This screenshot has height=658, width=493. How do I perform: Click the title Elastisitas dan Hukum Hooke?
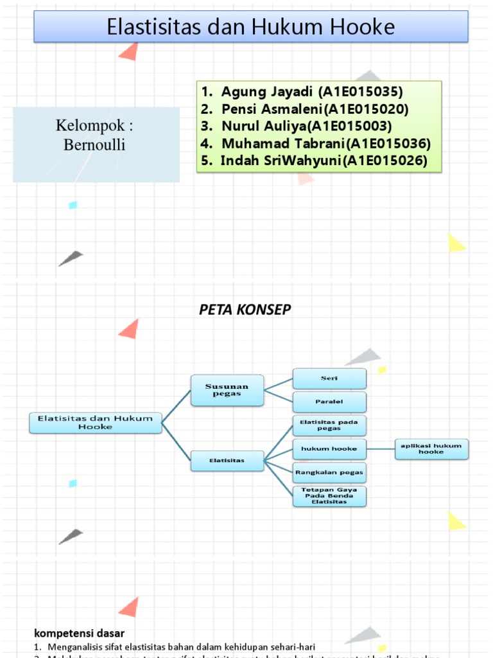250,28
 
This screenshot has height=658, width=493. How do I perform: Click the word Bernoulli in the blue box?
94,145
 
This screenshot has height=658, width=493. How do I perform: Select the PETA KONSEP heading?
245,310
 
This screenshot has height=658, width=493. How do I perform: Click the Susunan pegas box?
227,390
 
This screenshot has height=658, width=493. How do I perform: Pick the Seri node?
329,378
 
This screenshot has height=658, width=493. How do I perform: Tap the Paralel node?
329,402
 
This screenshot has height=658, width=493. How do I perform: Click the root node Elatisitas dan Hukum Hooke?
96,422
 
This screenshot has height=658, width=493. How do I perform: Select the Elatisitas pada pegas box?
329,425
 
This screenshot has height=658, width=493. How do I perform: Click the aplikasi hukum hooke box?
431,449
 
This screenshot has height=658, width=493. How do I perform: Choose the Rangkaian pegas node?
329,472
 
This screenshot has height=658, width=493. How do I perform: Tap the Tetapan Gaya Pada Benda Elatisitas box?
329,496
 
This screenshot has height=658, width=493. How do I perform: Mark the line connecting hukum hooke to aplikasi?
381,449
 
